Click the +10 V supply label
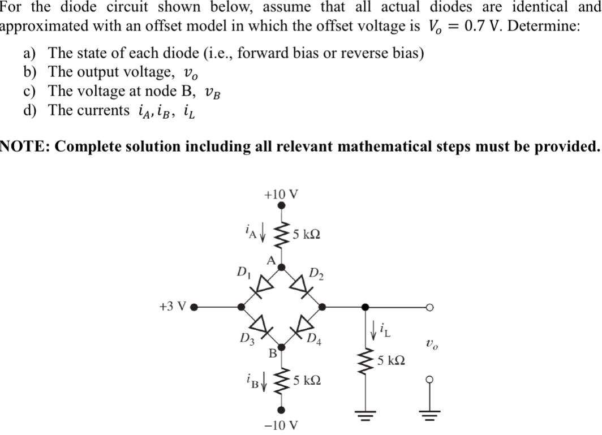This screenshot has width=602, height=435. click(x=281, y=194)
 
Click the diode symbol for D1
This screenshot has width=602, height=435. click(x=260, y=287)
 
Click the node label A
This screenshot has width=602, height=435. click(x=271, y=260)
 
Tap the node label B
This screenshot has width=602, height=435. click(x=272, y=354)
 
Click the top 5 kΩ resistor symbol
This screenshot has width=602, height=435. click(x=281, y=234)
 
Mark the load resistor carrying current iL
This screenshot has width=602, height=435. click(x=366, y=360)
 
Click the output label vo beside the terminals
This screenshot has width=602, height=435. click(x=430, y=343)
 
